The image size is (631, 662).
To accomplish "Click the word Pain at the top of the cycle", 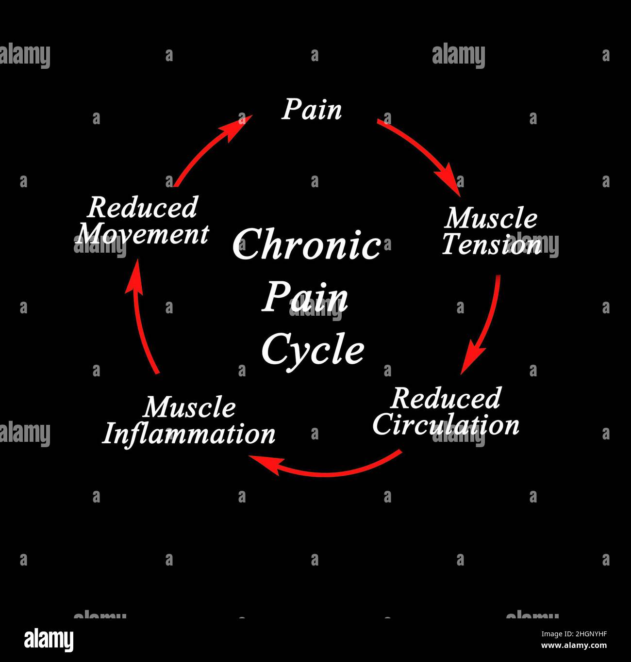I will coord(312,110).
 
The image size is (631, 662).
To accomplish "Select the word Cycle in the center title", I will coord(313,349).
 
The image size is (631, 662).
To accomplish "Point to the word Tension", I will coord(491,244).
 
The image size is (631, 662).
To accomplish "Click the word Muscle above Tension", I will coord(491,218).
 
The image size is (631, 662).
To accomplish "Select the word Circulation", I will coord(446,424).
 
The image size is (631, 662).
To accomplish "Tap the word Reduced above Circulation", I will coord(446,399).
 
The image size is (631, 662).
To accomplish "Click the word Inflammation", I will coord(189,434).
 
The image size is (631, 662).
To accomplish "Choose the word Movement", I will coord(142,234).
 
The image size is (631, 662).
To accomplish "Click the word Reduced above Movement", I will coord(143,208).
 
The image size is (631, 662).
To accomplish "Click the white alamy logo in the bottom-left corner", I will coord(49,640).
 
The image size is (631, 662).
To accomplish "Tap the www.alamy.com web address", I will coord(574,646).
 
